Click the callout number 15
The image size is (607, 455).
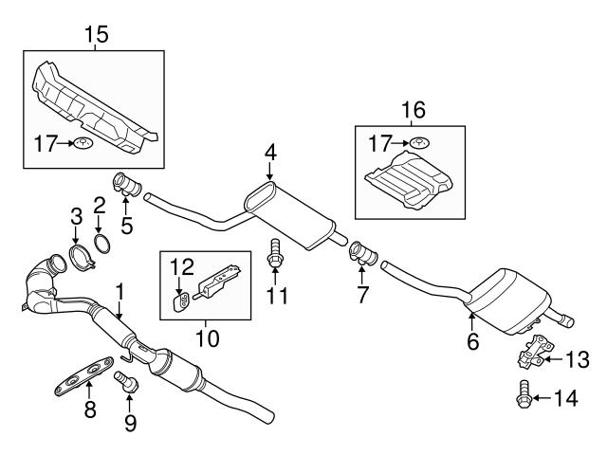click(97, 35)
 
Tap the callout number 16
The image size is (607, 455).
click(410, 111)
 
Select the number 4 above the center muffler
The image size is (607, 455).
click(269, 152)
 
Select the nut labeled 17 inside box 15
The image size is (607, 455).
click(85, 144)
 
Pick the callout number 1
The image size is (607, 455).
click(120, 289)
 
